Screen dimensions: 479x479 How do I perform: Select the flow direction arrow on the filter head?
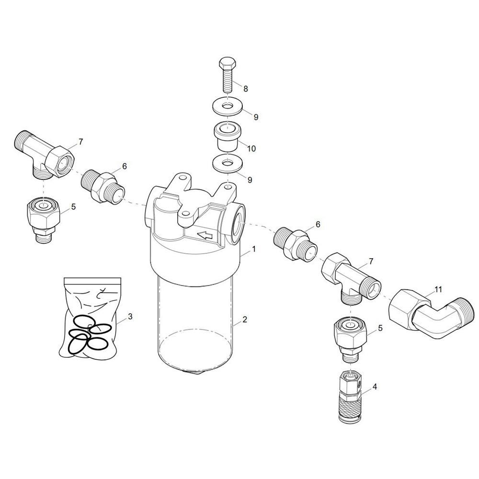205,235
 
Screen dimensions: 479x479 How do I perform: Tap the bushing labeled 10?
227,136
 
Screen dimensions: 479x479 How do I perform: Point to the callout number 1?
253,249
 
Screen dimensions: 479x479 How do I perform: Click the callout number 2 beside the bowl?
245,319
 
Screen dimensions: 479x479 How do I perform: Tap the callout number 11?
438,289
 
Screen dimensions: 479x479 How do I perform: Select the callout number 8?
246,89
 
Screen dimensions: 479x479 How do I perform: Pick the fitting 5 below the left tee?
44,217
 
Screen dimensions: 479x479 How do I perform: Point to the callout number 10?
251,149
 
